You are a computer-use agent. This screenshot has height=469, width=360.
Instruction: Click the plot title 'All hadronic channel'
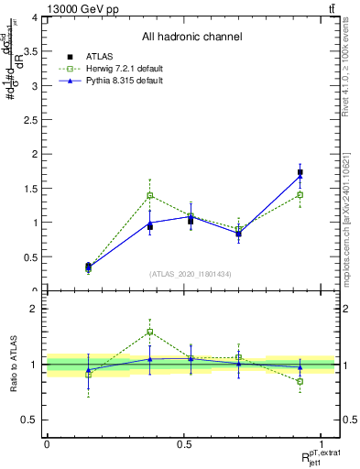pos(191,38)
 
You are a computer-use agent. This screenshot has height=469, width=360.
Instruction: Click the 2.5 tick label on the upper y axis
pos(32,120)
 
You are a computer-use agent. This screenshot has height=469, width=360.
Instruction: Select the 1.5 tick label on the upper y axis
pos(32,189)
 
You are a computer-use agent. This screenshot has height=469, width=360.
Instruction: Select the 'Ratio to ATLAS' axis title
pos(12,364)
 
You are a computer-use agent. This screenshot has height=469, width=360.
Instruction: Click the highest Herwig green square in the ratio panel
pos(149,332)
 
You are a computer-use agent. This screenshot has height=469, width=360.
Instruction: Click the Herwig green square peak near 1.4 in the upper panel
pos(149,195)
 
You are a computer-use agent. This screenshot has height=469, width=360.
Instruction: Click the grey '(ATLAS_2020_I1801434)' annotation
pos(191,274)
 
